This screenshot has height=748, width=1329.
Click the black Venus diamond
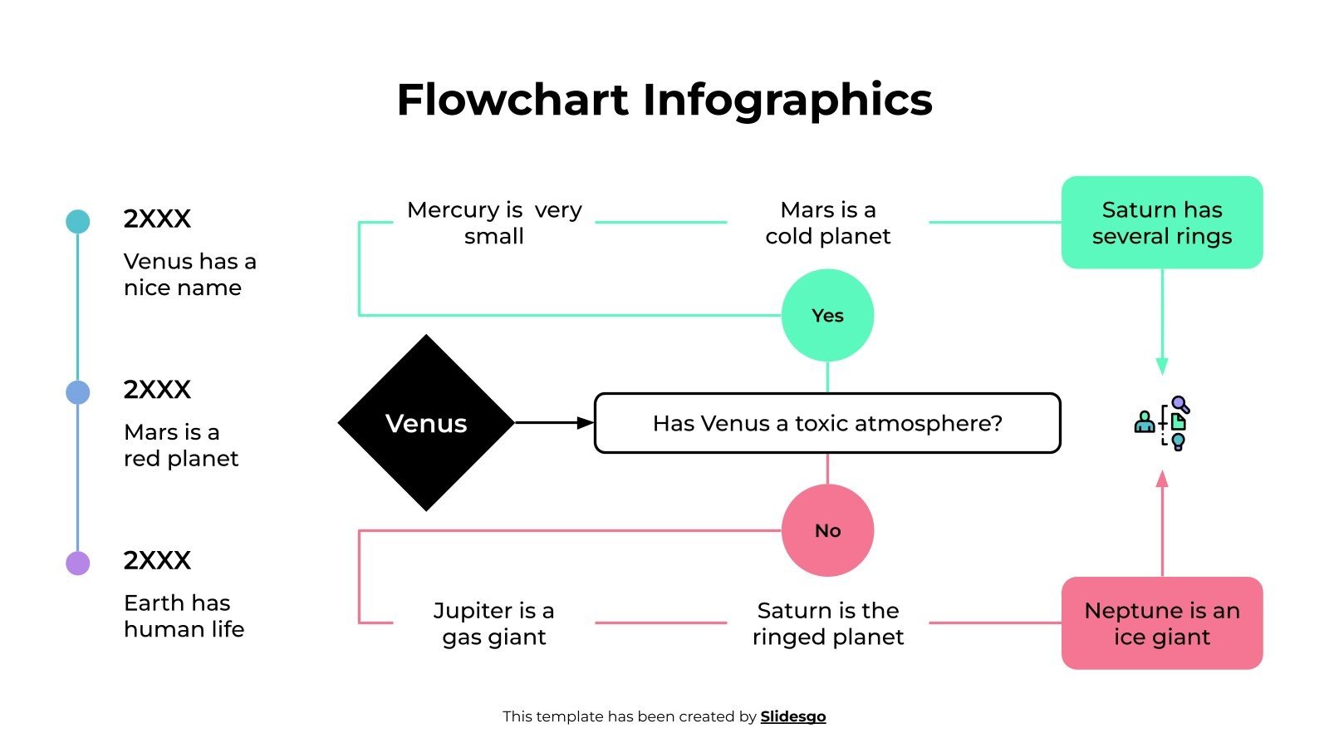coord(426,423)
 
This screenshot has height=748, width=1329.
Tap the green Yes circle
coord(827,315)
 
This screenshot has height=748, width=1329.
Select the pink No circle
coord(827,530)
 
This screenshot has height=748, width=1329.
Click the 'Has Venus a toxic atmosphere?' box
coord(827,423)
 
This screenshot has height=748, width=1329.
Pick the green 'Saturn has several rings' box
coord(1161,222)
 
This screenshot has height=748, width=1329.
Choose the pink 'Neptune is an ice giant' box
coord(1161,623)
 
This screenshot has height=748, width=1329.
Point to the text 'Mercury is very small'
coord(494,223)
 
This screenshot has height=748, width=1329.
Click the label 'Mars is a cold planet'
coord(827,223)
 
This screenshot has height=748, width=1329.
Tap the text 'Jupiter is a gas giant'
coord(494,623)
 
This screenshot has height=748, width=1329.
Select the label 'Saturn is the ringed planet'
coord(827,623)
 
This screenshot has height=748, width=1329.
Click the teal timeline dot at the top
coord(77,221)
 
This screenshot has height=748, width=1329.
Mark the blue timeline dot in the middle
coord(77,392)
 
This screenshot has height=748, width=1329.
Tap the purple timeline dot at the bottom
coord(77,563)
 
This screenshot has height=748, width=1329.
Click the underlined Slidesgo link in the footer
coord(792,716)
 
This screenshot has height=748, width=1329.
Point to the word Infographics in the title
coord(787,100)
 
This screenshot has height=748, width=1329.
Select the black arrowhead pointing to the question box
coord(586,423)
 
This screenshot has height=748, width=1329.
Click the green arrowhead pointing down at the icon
coord(1161,367)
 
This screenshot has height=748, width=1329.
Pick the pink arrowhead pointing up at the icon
coord(1161,479)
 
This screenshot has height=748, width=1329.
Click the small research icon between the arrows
coord(1162,423)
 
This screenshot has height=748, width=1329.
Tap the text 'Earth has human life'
coord(184,616)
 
